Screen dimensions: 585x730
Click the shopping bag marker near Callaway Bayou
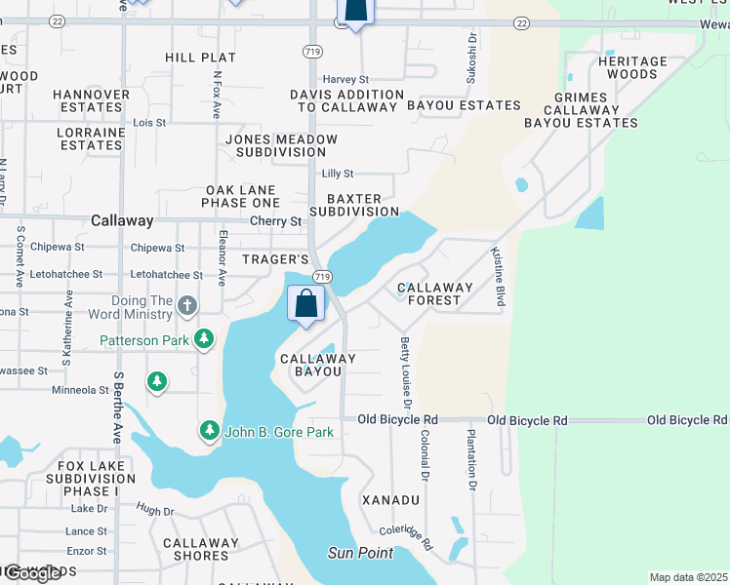point(306,303)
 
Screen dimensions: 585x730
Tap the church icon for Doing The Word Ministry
point(187,307)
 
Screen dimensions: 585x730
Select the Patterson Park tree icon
point(204,340)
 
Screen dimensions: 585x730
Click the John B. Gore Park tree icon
point(210,431)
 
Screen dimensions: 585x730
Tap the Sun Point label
point(360,553)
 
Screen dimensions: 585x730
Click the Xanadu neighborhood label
point(390,500)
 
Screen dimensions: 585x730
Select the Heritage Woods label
point(632,67)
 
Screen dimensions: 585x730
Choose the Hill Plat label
point(194,58)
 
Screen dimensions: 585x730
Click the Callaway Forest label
point(434,293)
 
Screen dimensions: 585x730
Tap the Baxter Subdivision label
point(354,205)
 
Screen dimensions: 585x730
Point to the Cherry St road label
point(275,221)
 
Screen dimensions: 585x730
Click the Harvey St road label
point(345,79)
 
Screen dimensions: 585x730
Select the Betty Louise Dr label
point(404,372)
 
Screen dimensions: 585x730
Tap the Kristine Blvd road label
point(498,278)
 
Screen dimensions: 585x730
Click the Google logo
point(32,573)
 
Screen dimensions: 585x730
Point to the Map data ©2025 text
point(688,577)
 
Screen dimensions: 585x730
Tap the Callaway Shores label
point(200,549)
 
